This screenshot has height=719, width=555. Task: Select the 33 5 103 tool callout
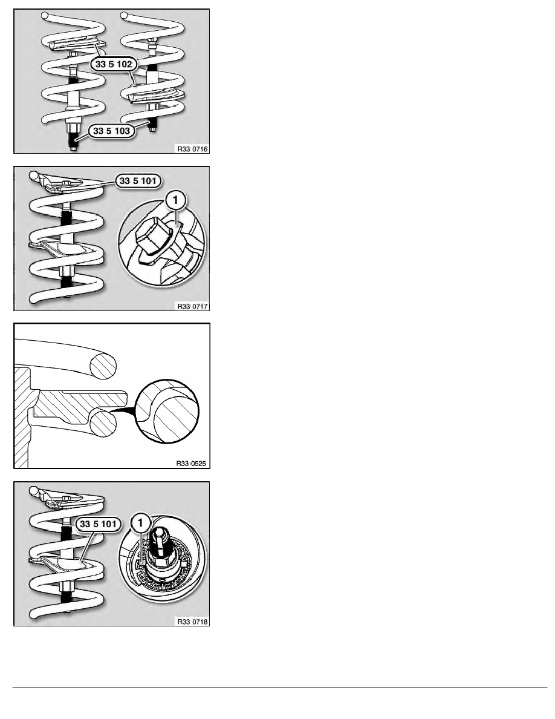pyautogui.click(x=112, y=131)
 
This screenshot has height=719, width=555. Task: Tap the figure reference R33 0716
pyautogui.click(x=192, y=148)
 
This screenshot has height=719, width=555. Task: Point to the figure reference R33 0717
pyautogui.click(x=192, y=306)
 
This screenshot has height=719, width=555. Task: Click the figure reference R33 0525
pyautogui.click(x=192, y=463)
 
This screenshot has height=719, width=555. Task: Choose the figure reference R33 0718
pyautogui.click(x=192, y=622)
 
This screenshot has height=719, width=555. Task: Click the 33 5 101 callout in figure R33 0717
pyautogui.click(x=138, y=181)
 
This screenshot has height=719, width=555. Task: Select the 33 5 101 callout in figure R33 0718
pyautogui.click(x=99, y=524)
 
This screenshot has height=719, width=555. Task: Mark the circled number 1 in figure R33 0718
pyautogui.click(x=140, y=523)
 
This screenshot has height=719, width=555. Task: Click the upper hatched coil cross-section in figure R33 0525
pyautogui.click(x=103, y=366)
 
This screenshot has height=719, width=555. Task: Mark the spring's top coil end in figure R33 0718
pyautogui.click(x=33, y=490)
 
